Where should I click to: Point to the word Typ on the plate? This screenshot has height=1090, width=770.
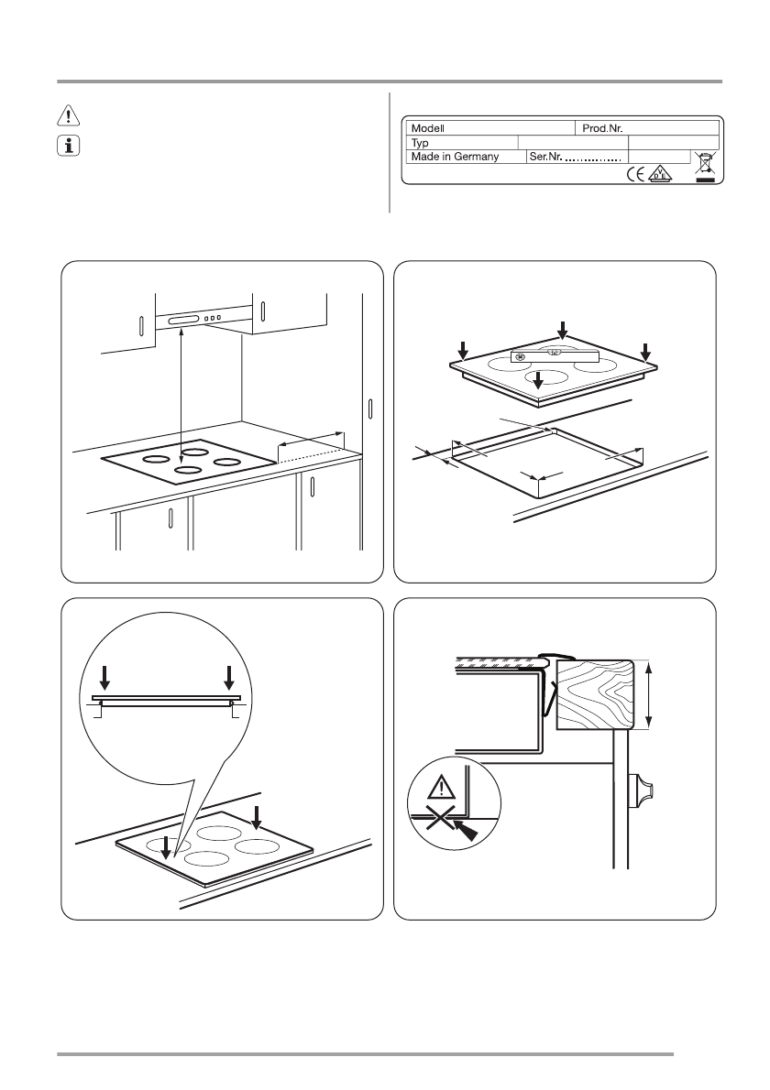click(421, 143)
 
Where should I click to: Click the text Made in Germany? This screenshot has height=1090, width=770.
click(455, 157)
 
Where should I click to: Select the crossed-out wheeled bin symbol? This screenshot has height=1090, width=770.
click(703, 165)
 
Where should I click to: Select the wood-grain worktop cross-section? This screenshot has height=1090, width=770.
click(595, 694)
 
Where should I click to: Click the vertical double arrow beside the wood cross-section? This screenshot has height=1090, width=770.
click(649, 695)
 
